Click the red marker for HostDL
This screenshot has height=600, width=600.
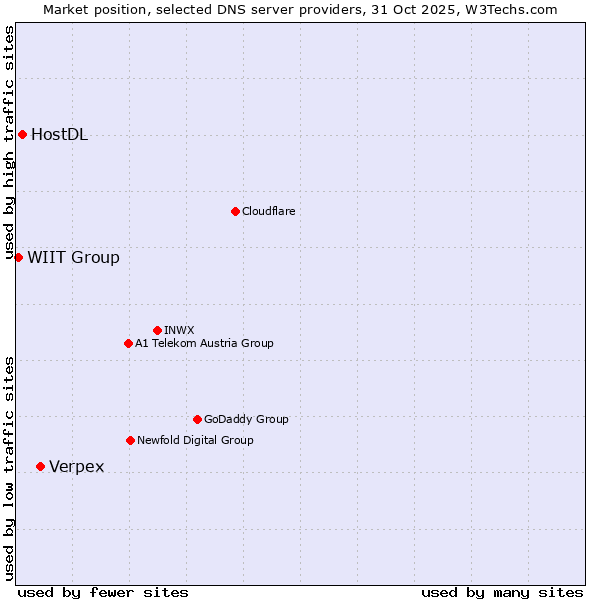coord(22,134)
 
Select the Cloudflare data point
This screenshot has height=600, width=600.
coord(235,211)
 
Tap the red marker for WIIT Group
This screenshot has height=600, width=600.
coord(18,257)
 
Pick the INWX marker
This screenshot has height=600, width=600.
coord(157,330)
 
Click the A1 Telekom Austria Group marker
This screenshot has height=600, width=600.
coord(128,343)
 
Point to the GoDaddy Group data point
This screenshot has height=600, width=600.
coord(197,419)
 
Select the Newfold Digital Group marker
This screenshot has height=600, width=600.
coord(130,440)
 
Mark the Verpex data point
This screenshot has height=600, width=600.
coord(40,466)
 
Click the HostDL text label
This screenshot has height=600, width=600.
coord(59,135)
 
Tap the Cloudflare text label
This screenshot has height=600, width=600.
coord(268,211)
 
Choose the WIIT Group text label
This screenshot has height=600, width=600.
coord(73,258)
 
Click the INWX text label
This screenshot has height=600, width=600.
coord(179,330)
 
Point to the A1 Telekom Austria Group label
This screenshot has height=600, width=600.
coord(204,343)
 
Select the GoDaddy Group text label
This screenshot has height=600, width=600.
coord(246,419)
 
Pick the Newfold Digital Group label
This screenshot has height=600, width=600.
coord(195,440)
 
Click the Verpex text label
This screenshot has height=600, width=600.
coord(76,467)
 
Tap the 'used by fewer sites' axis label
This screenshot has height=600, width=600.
coord(103,592)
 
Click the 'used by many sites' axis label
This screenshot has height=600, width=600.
coord(502,592)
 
